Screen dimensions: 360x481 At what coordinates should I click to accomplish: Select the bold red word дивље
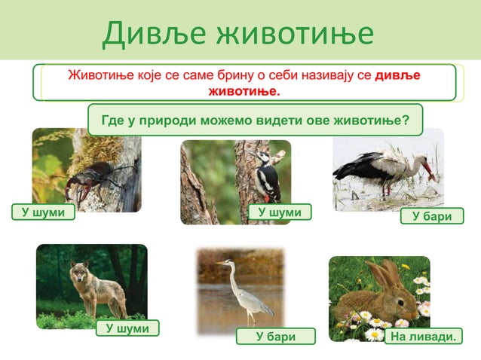pos(397,76)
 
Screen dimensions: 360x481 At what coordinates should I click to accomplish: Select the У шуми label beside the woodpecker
pos(280,213)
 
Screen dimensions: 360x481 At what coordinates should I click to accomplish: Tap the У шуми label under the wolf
pos(127,328)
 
